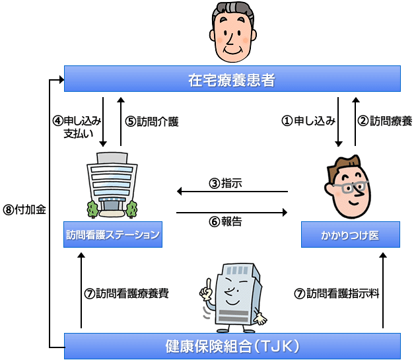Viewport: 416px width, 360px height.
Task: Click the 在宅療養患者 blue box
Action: pyautogui.click(x=232, y=79)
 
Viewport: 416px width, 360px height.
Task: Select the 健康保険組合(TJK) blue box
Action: pyautogui.click(x=232, y=345)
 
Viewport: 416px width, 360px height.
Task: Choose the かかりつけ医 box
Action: pyautogui.click(x=349, y=234)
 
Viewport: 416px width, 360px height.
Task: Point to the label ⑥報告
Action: pyautogui.click(x=225, y=222)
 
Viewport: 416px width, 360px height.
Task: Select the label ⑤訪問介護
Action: pyautogui.click(x=152, y=122)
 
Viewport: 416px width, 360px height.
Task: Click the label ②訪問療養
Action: pyautogui.click(x=385, y=121)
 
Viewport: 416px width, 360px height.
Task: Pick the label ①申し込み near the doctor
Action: pyautogui.click(x=308, y=121)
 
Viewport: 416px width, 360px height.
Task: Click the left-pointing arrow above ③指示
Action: pyautogui.click(x=232, y=192)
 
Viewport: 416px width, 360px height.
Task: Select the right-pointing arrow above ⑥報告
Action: pyautogui.click(x=232, y=213)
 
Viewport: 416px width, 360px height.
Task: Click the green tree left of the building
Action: pyautogui.click(x=92, y=207)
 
